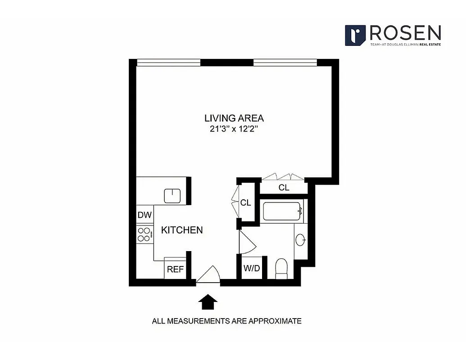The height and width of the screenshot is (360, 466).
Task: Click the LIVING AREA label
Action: pos(234,118)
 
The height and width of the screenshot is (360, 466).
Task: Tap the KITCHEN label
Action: pos(182,230)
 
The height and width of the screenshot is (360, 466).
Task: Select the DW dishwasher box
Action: pos(145,215)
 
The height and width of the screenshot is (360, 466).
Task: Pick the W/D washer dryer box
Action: pos(252,269)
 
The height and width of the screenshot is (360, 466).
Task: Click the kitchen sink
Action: pos(172,196)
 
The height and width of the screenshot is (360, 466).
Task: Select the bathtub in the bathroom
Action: pos(281,211)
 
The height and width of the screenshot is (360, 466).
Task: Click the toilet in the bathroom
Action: pos(281,268)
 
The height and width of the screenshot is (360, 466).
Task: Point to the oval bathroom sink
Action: pos(301,240)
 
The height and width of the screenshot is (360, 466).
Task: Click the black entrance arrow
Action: pos(208,302)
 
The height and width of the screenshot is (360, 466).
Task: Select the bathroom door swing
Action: pos(247,243)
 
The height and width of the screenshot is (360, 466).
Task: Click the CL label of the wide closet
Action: pos(284,188)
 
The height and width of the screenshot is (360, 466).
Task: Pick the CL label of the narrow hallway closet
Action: pos(245,203)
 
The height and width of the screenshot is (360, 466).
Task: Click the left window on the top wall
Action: pos(168,63)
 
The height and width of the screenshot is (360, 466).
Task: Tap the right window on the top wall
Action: pos(285,63)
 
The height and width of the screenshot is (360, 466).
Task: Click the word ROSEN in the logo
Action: pos(405,33)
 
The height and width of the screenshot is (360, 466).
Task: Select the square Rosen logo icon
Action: pos(355,35)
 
